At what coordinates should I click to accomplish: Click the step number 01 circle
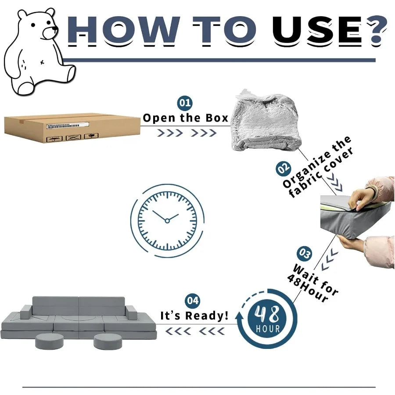pyautogui.click(x=185, y=103)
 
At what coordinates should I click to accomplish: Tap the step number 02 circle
pyautogui.click(x=284, y=169)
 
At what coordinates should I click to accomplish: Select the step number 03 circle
pyautogui.click(x=304, y=254)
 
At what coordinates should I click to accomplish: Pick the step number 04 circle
pyautogui.click(x=193, y=301)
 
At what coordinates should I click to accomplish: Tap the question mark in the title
pyautogui.click(x=377, y=32)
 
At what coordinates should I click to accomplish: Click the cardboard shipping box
pyautogui.click(x=72, y=128)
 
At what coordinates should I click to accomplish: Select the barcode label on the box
pyautogui.click(x=68, y=125)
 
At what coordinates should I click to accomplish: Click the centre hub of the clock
pyautogui.click(x=167, y=221)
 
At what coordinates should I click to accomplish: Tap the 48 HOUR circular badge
pyautogui.click(x=268, y=319)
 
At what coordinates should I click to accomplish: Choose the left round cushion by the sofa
pyautogui.click(x=49, y=341)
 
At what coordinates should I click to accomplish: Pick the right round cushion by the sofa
pyautogui.click(x=108, y=341)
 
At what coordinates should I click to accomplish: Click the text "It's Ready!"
pyautogui.click(x=194, y=316)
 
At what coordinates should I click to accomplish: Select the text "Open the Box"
pyautogui.click(x=185, y=118)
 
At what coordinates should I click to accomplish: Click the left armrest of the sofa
pyautogui.click(x=26, y=312)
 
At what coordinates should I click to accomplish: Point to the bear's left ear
pyautogui.click(x=22, y=14)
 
